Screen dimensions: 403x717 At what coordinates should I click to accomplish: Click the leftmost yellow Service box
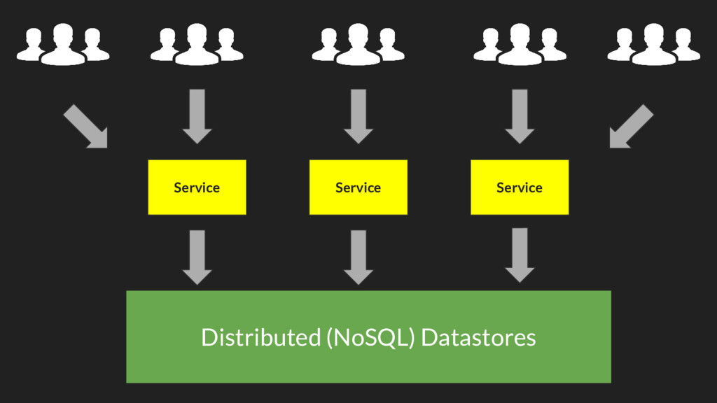[197, 187]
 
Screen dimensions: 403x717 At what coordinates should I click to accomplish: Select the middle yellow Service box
[358, 187]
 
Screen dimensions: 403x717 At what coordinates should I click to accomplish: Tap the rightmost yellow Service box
[519, 187]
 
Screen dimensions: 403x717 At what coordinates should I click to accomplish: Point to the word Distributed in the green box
[260, 337]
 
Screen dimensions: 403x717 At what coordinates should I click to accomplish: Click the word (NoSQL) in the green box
[371, 338]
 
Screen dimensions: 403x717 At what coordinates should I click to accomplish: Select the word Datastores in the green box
[479, 337]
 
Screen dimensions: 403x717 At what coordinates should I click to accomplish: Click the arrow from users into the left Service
[197, 116]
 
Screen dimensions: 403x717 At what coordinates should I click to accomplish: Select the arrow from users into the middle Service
[358, 116]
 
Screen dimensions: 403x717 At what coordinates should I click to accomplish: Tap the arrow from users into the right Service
[519, 116]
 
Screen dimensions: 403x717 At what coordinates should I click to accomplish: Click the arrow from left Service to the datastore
[197, 257]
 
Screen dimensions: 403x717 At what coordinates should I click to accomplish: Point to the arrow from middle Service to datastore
[358, 257]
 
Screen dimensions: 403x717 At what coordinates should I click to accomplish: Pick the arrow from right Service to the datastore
[519, 255]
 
